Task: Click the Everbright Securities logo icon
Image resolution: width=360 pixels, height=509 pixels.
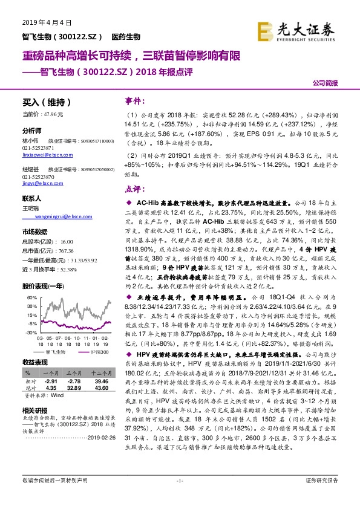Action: (x=264, y=30)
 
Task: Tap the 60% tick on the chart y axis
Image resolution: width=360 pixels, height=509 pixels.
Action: (x=29, y=298)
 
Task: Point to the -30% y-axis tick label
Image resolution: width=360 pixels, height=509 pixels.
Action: (x=29, y=332)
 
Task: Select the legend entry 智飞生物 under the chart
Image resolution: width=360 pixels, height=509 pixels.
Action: (x=59, y=351)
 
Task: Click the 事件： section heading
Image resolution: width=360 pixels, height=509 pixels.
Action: (x=134, y=100)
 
